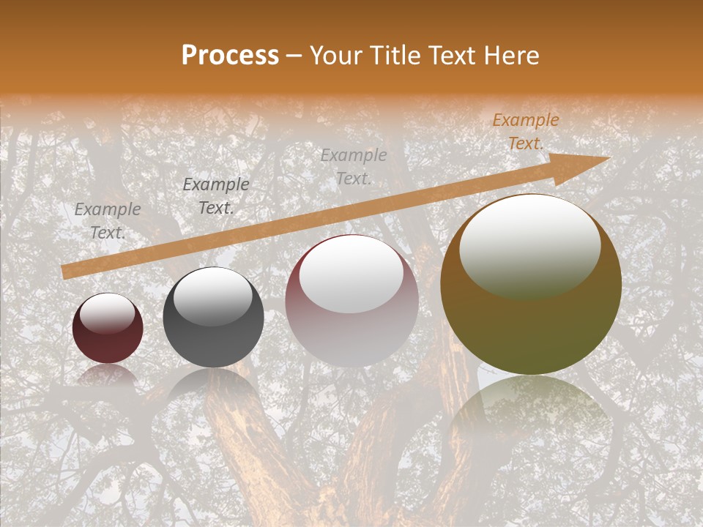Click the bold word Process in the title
230,56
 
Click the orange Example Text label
525,132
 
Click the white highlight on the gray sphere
212,296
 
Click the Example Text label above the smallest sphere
108,221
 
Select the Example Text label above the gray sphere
215,196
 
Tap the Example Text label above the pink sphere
354,167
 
